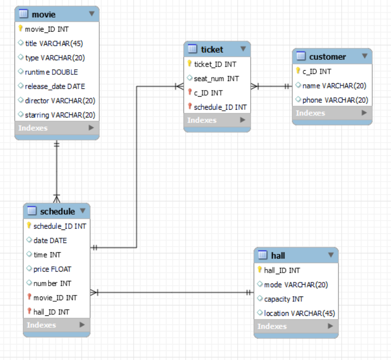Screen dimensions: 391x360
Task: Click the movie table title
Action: (x=44, y=15)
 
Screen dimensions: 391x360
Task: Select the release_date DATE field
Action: (x=55, y=86)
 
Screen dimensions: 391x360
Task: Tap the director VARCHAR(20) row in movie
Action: (x=60, y=100)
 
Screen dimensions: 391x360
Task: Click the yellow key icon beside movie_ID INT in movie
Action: (x=20, y=29)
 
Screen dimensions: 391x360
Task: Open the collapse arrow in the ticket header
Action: (x=243, y=49)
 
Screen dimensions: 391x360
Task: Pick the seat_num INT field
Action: (x=216, y=79)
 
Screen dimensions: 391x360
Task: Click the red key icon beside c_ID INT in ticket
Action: (x=190, y=92)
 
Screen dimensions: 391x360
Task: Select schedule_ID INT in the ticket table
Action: (x=220, y=107)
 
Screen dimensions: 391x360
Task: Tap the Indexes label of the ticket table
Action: (x=202, y=120)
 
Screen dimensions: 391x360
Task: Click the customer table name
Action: (x=328, y=57)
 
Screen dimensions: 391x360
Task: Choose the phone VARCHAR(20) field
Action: (x=335, y=100)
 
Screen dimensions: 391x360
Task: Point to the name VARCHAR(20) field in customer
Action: (x=334, y=86)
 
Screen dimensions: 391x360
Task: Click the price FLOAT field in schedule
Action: (x=52, y=269)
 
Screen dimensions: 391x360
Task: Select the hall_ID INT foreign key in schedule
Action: (x=51, y=312)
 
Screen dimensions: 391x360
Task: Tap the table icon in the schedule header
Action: (x=32, y=211)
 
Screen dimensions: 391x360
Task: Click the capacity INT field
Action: (x=283, y=299)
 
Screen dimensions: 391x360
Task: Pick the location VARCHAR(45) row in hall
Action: (x=299, y=313)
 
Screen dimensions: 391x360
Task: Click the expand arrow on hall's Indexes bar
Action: (x=330, y=326)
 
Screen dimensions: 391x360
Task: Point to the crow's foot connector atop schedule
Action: (x=57, y=198)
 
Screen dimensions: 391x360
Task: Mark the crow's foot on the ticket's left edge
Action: (x=179, y=86)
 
